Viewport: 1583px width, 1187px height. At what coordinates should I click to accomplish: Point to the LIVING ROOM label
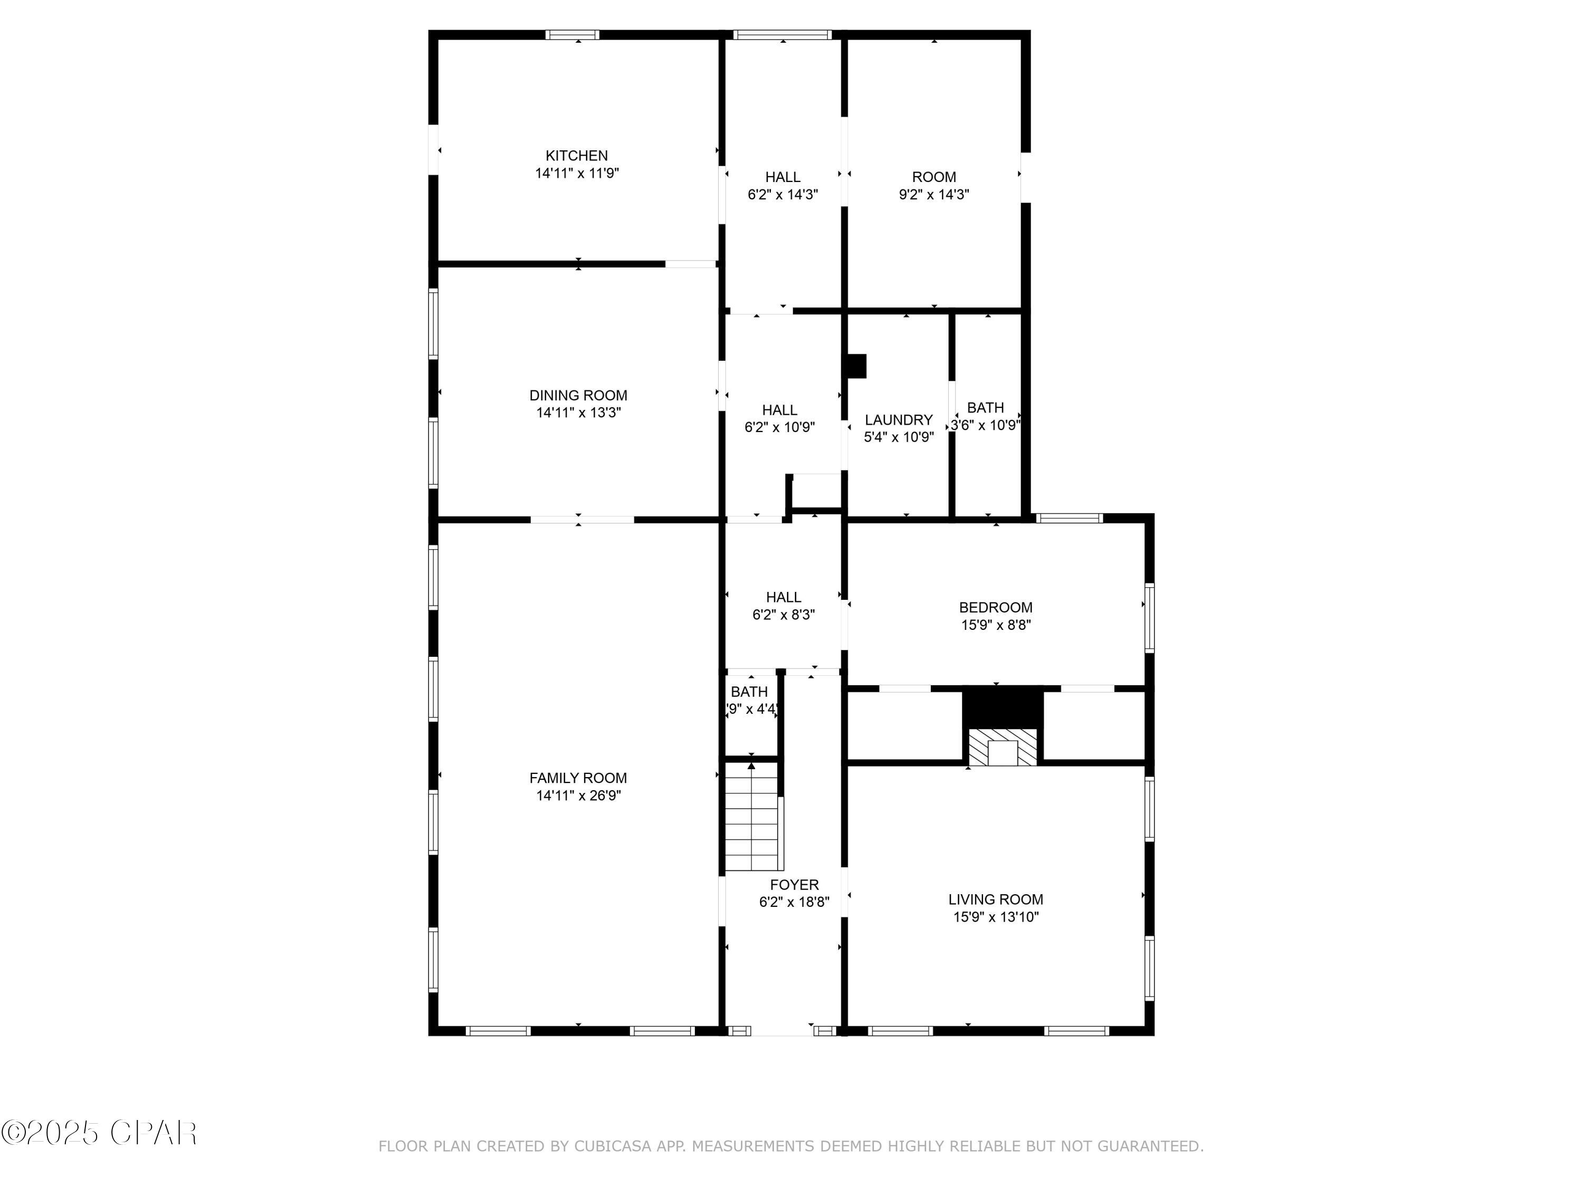point(996,899)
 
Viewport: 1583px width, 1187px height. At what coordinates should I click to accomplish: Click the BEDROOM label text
point(996,607)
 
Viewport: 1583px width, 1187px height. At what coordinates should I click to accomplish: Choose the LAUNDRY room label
point(898,420)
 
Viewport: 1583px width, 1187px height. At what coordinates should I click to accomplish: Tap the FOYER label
point(794,885)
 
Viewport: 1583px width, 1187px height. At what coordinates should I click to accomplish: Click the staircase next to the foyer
point(751,816)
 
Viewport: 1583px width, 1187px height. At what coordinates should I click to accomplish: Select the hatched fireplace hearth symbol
point(1002,747)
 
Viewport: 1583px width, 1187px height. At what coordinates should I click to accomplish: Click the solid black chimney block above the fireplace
point(1002,707)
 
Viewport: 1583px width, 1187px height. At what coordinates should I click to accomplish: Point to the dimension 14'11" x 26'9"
point(578,796)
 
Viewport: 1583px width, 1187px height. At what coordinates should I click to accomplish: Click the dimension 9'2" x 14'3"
point(934,195)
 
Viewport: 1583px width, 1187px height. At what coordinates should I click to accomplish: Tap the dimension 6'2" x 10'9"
point(779,428)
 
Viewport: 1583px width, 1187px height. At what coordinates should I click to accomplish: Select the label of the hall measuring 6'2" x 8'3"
point(783,597)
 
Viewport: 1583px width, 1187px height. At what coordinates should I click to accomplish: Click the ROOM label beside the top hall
point(934,177)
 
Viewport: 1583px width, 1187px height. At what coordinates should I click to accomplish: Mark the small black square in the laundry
point(856,366)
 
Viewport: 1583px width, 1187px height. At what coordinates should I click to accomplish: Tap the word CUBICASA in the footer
point(613,1146)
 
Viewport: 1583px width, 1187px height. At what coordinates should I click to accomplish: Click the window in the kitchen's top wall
point(572,34)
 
